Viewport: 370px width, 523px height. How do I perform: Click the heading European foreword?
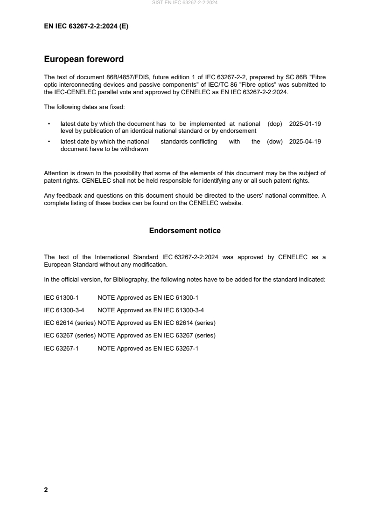(x=84, y=59)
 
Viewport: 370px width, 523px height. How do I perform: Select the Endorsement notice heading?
(x=185, y=231)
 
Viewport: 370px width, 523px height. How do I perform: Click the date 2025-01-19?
(x=305, y=124)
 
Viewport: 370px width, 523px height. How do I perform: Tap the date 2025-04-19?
(x=305, y=142)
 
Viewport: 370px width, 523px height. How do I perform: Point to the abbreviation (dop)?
(x=275, y=124)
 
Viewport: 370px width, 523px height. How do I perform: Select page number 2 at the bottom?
(x=46, y=490)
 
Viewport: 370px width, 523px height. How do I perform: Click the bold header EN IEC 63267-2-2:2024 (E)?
(x=86, y=27)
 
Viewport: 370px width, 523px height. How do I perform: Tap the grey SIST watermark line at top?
(x=185, y=3)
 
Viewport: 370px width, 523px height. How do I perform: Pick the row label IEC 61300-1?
(x=61, y=297)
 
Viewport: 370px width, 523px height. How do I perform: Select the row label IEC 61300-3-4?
(x=64, y=310)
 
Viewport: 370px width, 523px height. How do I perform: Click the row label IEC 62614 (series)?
(x=70, y=323)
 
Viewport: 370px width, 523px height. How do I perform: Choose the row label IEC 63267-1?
(x=61, y=348)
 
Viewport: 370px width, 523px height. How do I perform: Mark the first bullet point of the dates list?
(x=49, y=124)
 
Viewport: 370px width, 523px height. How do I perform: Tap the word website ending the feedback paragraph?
(x=231, y=203)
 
